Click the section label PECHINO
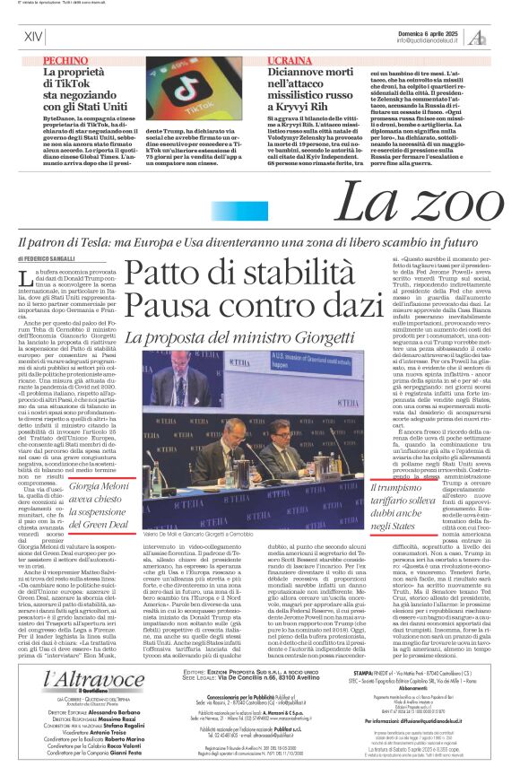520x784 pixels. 65,60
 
